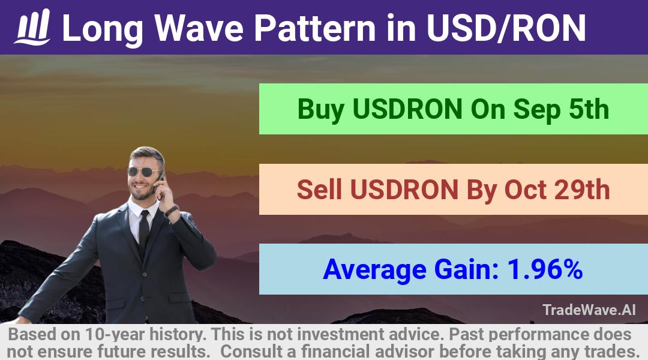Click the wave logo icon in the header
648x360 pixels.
32,27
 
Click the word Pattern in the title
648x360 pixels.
314,28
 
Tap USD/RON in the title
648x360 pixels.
506,28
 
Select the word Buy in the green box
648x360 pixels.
320,110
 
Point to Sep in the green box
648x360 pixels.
536,110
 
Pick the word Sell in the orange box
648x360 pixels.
319,190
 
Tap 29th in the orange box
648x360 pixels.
582,190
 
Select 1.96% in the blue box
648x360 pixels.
545,269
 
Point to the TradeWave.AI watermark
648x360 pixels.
589,310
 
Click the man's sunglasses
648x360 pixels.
144,172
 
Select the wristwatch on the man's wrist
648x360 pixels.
171,211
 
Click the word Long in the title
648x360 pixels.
103,29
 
